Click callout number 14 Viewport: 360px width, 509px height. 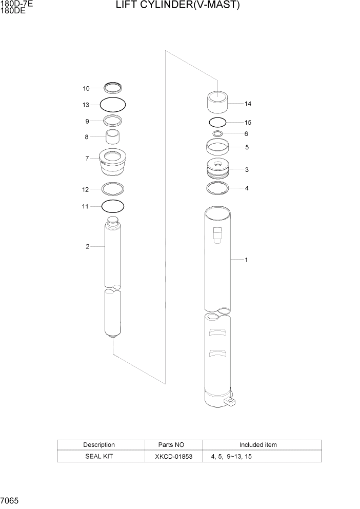tap(248, 104)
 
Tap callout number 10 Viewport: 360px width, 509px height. tap(86, 88)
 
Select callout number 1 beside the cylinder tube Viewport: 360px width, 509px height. tap(246, 260)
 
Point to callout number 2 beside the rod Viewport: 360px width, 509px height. tap(88, 247)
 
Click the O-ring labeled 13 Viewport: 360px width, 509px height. tap(113, 105)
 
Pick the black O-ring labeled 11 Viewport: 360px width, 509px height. tap(113, 206)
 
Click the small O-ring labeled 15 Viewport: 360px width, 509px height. tap(217, 123)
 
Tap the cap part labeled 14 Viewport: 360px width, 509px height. tap(217, 102)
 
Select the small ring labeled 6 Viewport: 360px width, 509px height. tap(217, 134)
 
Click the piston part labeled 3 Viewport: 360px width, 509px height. tap(217, 170)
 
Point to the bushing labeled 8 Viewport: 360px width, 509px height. tap(113, 137)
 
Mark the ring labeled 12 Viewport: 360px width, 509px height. tap(113, 189)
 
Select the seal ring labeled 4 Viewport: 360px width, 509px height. tap(217, 188)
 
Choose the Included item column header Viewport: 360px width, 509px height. tap(258, 445)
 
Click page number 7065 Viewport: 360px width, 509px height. tap(10, 500)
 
